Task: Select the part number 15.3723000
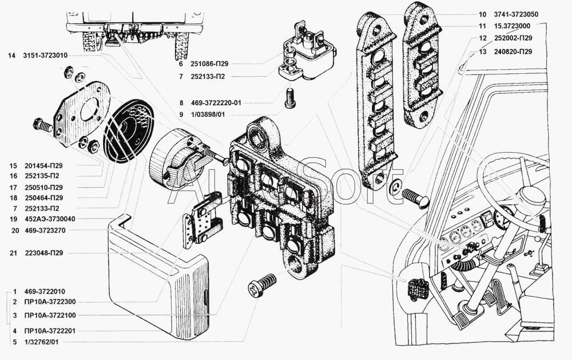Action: coord(512,26)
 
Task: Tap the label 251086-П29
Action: coord(209,64)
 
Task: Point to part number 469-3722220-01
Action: coord(216,103)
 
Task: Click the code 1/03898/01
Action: coord(208,114)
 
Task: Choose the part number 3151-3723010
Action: coord(45,56)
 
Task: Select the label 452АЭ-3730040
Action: coord(50,219)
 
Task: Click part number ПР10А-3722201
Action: coord(50,331)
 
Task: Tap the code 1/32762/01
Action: coord(42,342)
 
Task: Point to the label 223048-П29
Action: coord(44,253)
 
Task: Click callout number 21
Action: coord(14,253)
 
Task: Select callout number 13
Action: coord(483,52)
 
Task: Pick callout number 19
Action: coord(14,219)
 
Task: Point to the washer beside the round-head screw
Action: coord(395,187)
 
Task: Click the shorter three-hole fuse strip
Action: coord(423,65)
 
